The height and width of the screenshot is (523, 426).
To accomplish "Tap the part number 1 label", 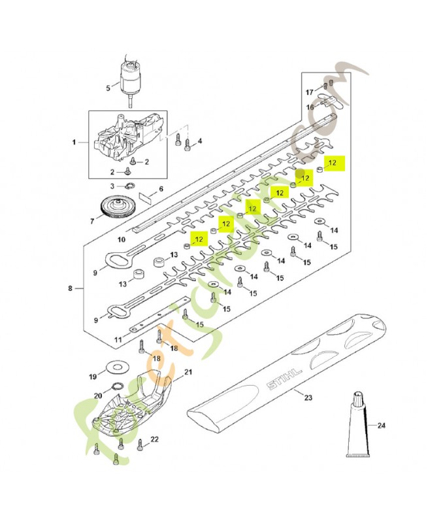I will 74,142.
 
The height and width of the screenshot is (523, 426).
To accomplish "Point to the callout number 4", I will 199,141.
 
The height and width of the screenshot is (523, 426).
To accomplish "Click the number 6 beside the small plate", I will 161,189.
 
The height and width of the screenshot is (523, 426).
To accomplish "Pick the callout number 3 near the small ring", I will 112,186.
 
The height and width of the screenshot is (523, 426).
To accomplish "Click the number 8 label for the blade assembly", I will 71,288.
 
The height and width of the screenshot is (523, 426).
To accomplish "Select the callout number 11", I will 118,340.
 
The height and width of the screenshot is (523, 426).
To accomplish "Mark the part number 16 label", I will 312,107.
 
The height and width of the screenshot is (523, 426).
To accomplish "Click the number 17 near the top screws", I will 312,92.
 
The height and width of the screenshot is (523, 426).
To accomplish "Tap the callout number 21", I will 188,372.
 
